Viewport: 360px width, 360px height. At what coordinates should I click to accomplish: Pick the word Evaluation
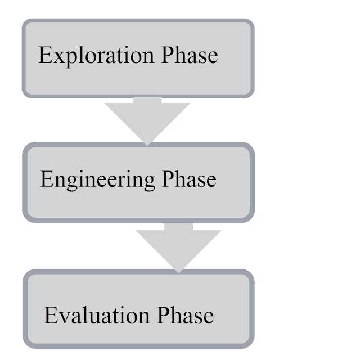click(x=99, y=315)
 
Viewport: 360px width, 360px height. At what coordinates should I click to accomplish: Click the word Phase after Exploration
click(x=190, y=56)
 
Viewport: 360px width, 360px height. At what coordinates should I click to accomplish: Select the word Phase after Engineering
click(x=188, y=179)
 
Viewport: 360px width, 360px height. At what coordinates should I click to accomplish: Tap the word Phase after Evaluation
click(x=186, y=315)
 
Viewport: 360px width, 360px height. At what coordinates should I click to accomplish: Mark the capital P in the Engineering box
click(x=168, y=179)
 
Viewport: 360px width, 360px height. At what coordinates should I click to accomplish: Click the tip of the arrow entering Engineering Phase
click(x=147, y=143)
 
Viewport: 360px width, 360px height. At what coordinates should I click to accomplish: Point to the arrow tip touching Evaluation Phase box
click(x=178, y=271)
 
